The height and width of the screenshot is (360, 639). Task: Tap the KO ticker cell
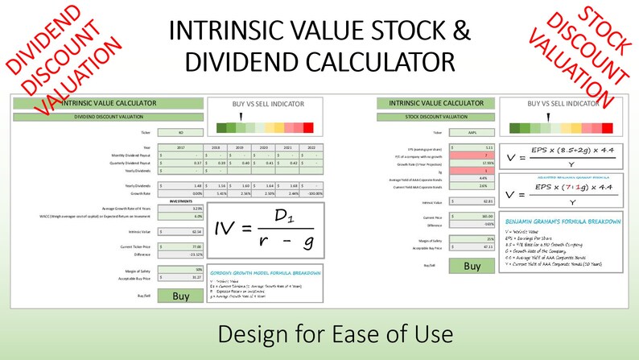pos(179,131)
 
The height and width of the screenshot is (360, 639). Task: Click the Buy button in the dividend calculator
pos(180,296)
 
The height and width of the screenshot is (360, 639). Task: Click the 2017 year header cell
pos(180,147)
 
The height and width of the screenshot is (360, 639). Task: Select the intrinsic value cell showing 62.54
pos(180,231)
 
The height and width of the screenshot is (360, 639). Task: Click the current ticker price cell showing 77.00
pos(180,246)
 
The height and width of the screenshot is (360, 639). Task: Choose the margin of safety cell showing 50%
pos(180,269)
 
